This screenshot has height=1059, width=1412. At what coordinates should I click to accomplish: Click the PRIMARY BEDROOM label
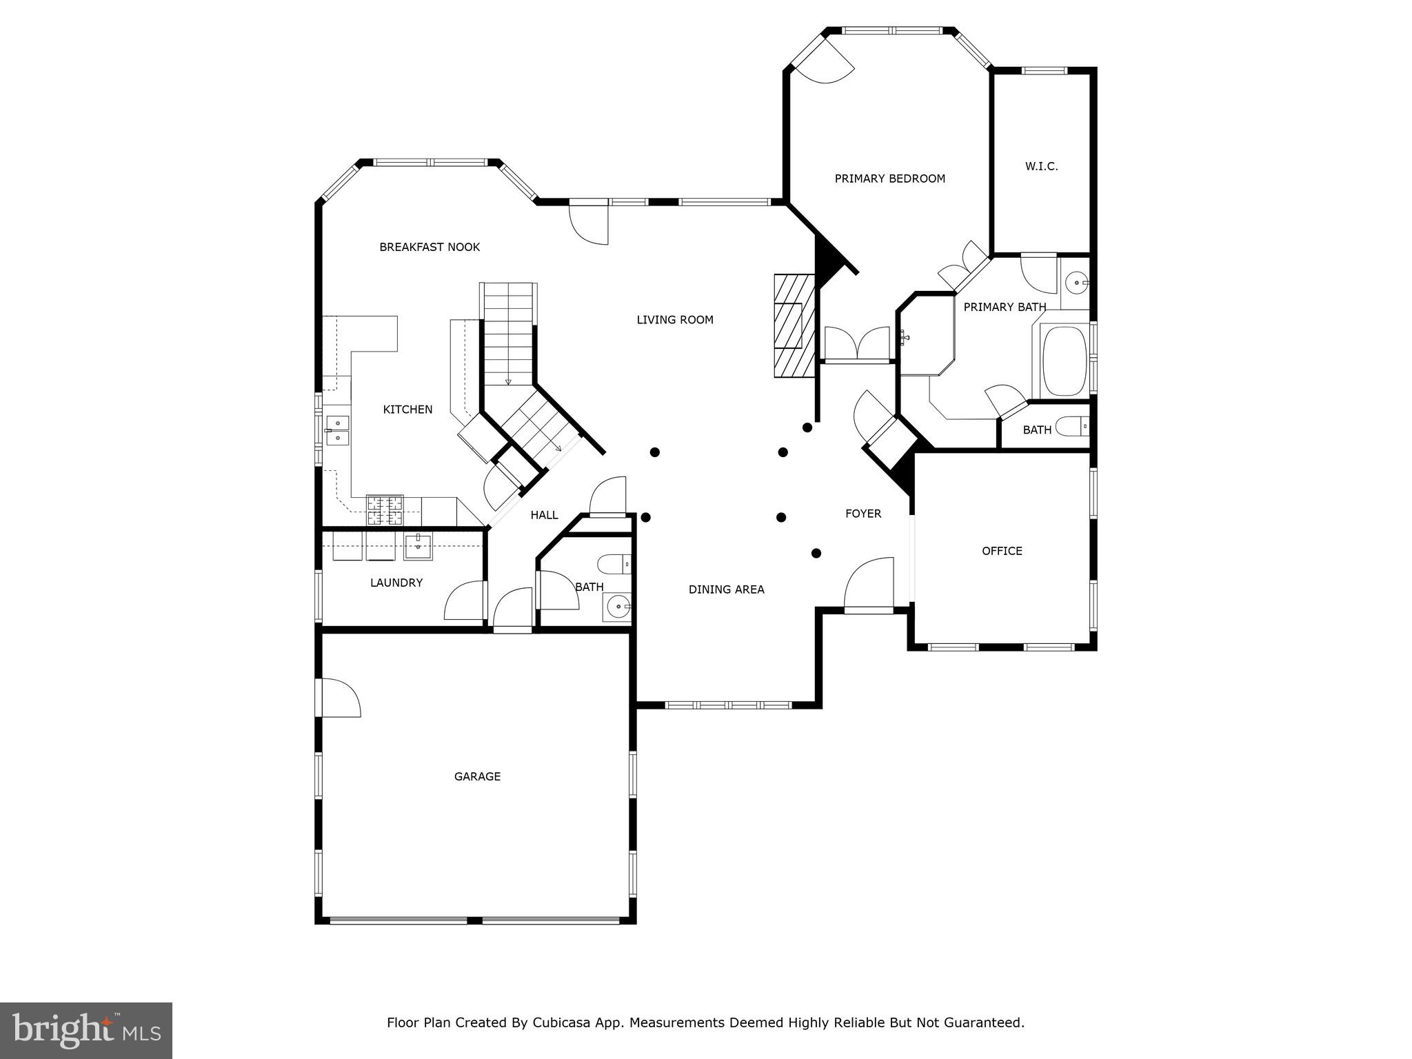pyautogui.click(x=889, y=179)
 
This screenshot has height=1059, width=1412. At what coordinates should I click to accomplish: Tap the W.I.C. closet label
pyautogui.click(x=1041, y=166)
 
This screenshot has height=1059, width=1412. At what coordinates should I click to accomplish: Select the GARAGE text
pyautogui.click(x=477, y=776)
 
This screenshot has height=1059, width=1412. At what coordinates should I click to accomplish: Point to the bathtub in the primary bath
pyautogui.click(x=1063, y=361)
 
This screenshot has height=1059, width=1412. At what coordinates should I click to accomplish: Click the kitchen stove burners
pyautogui.click(x=385, y=510)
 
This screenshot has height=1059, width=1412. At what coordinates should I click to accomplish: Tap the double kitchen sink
pyautogui.click(x=337, y=431)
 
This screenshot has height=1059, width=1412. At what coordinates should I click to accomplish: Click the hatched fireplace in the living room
pyautogui.click(x=793, y=325)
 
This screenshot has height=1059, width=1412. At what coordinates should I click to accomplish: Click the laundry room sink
pyautogui.click(x=418, y=547)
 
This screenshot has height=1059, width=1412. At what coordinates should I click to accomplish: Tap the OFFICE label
pyautogui.click(x=1002, y=551)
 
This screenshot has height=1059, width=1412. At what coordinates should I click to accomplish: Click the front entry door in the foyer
pyautogui.click(x=869, y=586)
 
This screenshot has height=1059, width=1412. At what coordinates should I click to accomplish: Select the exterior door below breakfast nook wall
pyautogui.click(x=589, y=222)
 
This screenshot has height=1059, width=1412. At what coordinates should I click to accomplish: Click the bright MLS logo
pyautogui.click(x=86, y=1030)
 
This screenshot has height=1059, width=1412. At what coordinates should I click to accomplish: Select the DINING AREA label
pyautogui.click(x=726, y=589)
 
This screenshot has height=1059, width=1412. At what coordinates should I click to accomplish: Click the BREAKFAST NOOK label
pyautogui.click(x=430, y=247)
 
